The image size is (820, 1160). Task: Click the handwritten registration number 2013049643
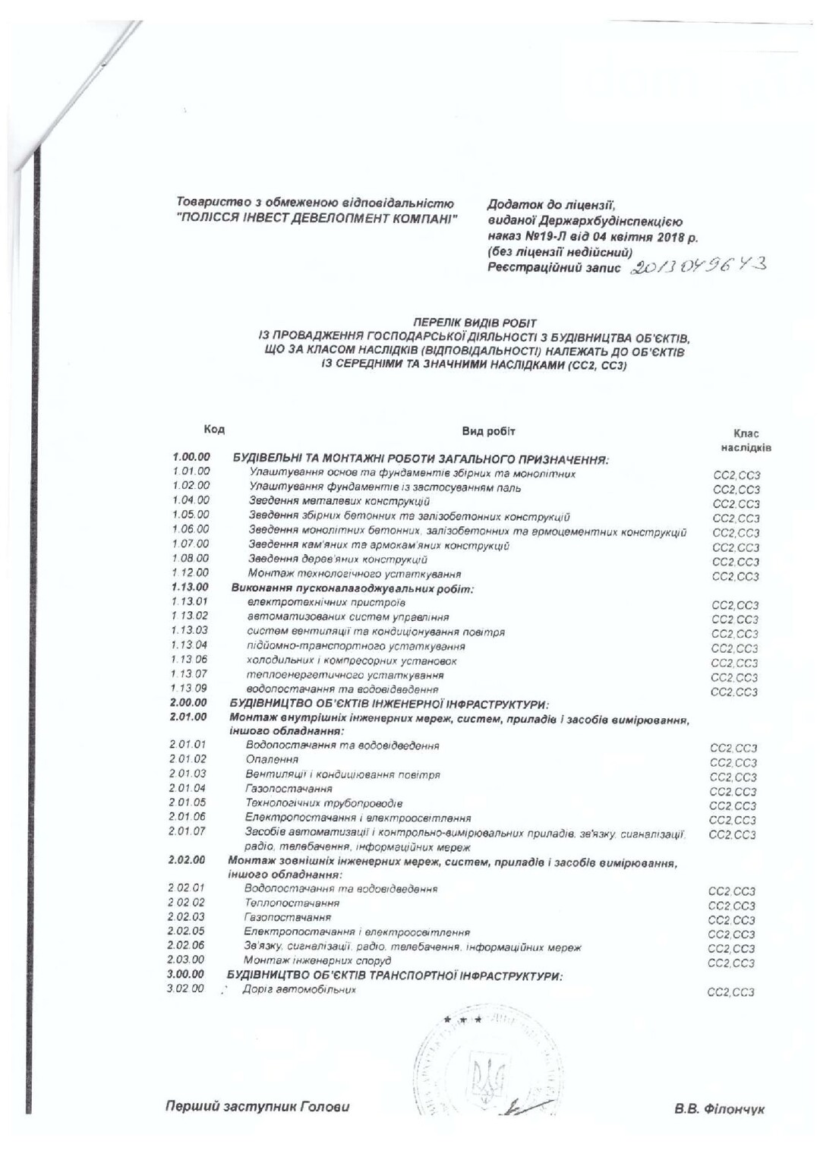coord(699,265)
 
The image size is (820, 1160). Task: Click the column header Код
coord(214,430)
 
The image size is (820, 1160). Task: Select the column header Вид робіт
coord(489,431)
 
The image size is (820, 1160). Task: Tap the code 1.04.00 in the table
coord(191,500)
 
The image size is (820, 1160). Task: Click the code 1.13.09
coord(189,689)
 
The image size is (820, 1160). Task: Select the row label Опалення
coord(272,759)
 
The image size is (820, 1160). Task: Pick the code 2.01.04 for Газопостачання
coord(188,788)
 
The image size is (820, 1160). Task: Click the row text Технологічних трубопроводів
coord(323,802)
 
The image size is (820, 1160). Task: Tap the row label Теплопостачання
coord(292,903)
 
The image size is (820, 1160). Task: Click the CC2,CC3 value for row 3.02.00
coord(731,992)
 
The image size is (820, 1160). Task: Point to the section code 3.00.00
coord(185,974)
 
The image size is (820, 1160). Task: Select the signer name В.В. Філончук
coord(719,1109)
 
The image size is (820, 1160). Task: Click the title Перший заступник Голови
coord(257,1106)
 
